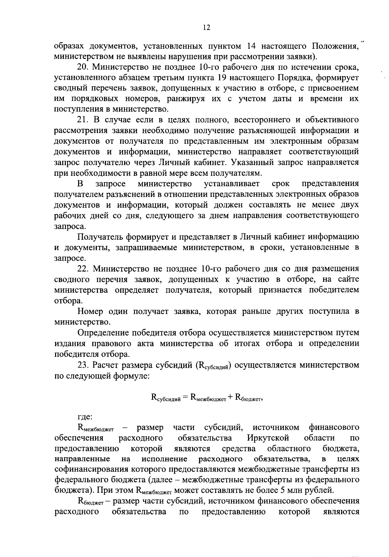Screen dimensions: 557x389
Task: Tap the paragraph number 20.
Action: (x=82, y=67)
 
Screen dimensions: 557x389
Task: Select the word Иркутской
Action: (x=268, y=438)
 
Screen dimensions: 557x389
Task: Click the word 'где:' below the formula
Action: (x=85, y=417)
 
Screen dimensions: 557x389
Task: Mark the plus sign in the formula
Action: (x=230, y=397)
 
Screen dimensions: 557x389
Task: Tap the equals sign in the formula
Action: (x=185, y=397)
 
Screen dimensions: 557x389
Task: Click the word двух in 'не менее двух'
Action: (x=349, y=205)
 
